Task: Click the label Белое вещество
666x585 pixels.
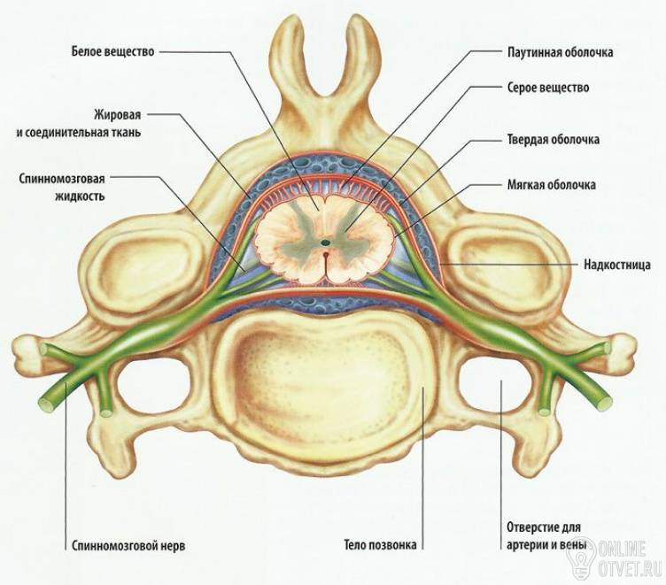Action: (112, 51)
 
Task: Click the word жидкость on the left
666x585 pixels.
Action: (79, 196)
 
